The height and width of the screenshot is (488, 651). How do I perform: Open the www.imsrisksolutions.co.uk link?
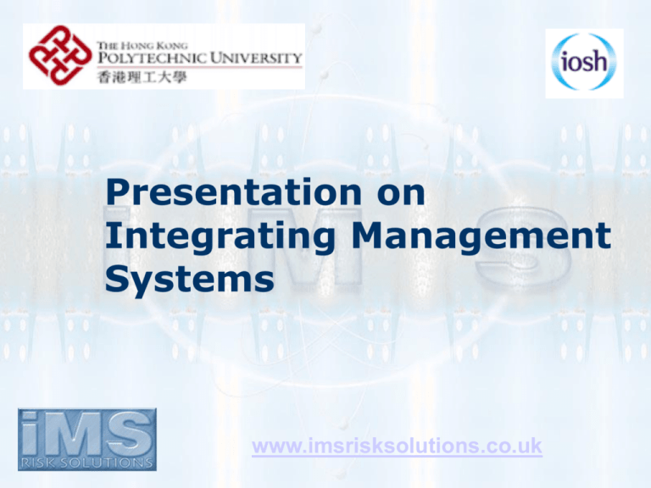pos(397,446)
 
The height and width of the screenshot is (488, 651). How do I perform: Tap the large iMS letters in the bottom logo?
pos(86,434)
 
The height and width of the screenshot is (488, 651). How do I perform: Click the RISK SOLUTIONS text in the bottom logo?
pos(86,462)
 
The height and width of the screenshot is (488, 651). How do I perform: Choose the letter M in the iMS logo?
pos(81,434)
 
